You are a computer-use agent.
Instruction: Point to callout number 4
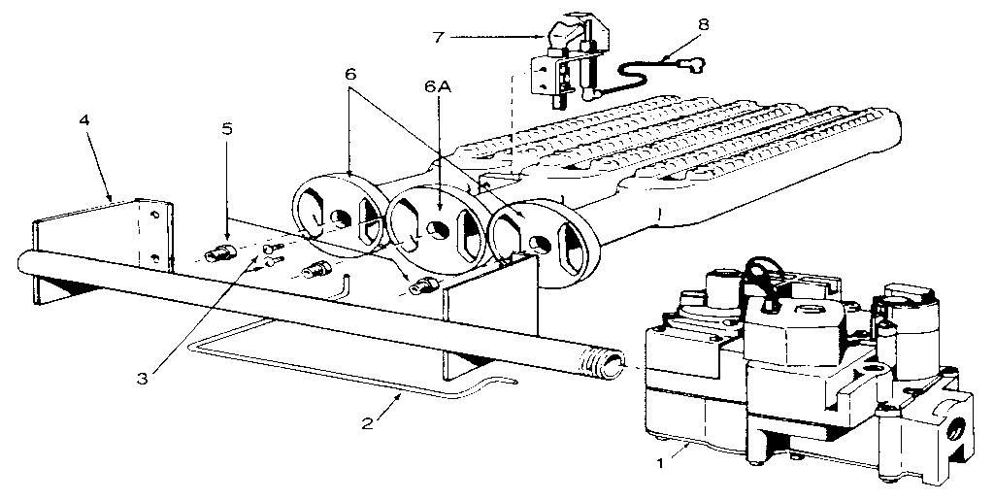(85, 121)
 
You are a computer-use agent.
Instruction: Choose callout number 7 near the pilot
(440, 37)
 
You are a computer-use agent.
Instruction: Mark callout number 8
(703, 20)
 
